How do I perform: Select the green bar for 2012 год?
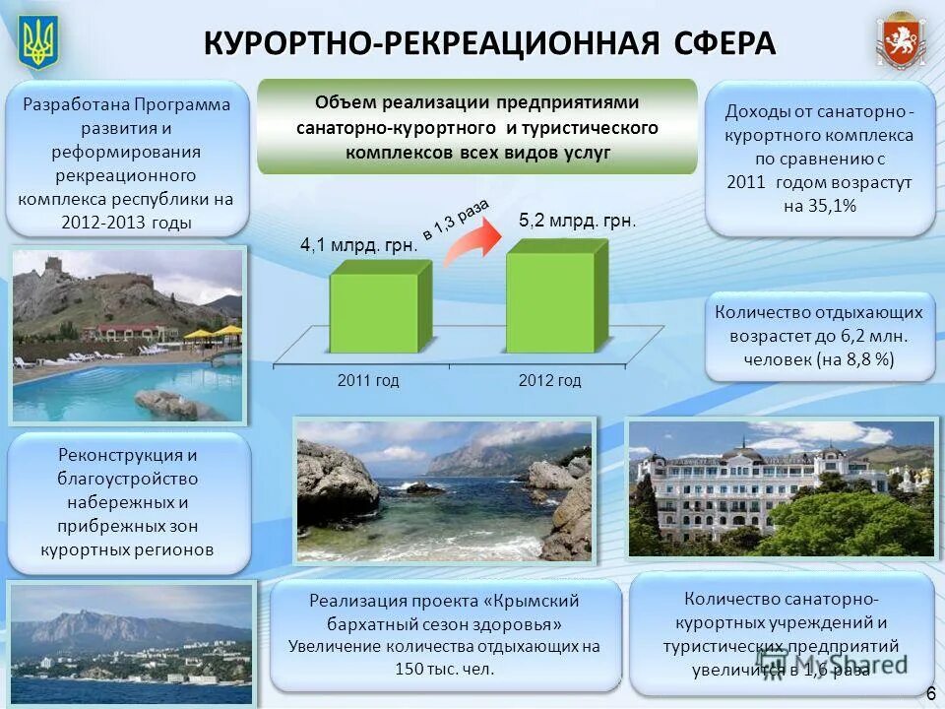point(550,302)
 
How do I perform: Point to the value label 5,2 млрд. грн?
point(577,222)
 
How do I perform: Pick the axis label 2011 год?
point(368,380)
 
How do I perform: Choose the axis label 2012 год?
point(549,380)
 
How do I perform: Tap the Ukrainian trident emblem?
point(39,42)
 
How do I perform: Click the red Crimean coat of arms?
point(902,42)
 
